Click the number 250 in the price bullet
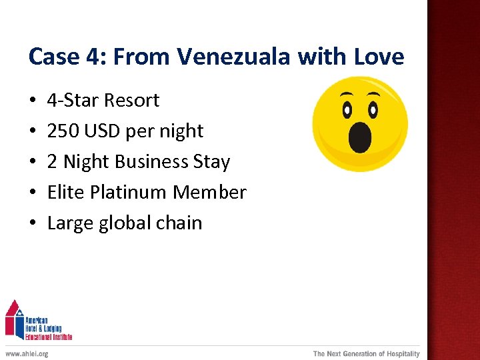(63, 131)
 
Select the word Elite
(65, 192)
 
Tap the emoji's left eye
(346, 109)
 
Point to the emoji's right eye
(373, 109)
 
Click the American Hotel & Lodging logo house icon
(14, 319)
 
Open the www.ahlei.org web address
(27, 353)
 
